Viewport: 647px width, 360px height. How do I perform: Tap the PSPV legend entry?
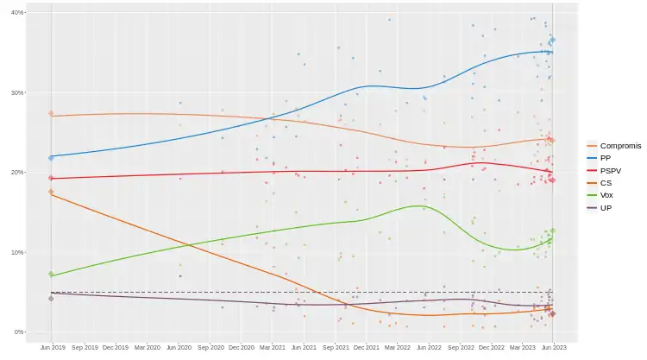612,170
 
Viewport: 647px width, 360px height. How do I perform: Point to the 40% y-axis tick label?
18,13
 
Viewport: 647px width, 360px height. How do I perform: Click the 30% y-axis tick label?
18,92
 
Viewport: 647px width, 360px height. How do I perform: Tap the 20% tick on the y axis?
18,173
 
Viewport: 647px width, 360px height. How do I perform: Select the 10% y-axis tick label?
18,252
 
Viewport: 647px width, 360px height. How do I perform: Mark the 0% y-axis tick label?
20,332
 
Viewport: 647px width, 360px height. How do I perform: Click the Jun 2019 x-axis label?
52,347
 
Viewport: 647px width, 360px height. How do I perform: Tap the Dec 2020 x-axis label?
241,347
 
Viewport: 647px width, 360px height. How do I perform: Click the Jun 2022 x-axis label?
429,347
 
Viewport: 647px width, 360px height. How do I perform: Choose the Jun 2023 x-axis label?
553,347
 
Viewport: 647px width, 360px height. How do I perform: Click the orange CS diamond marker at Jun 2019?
52,192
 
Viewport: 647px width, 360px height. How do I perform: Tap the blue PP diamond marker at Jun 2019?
52,158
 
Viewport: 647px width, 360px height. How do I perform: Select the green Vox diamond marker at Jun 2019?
52,275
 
